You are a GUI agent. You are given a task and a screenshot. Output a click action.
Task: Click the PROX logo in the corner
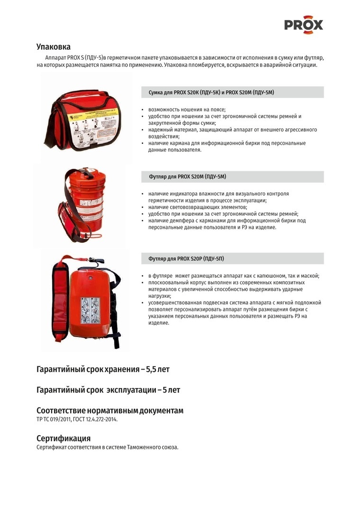pyautogui.click(x=304, y=24)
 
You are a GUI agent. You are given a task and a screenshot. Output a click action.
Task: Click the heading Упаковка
pyautogui.click(x=54, y=46)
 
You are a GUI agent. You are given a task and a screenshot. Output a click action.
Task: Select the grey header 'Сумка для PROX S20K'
pyautogui.click(x=211, y=92)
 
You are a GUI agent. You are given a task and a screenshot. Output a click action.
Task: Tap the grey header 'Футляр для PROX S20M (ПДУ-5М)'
pyautogui.click(x=188, y=177)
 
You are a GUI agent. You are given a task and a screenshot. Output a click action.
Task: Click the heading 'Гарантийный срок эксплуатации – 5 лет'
pyautogui.click(x=108, y=390)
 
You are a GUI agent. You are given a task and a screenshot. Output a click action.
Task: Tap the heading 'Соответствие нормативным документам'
pyautogui.click(x=110, y=411)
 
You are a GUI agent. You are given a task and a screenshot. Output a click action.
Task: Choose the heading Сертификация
pyautogui.click(x=63, y=438)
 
